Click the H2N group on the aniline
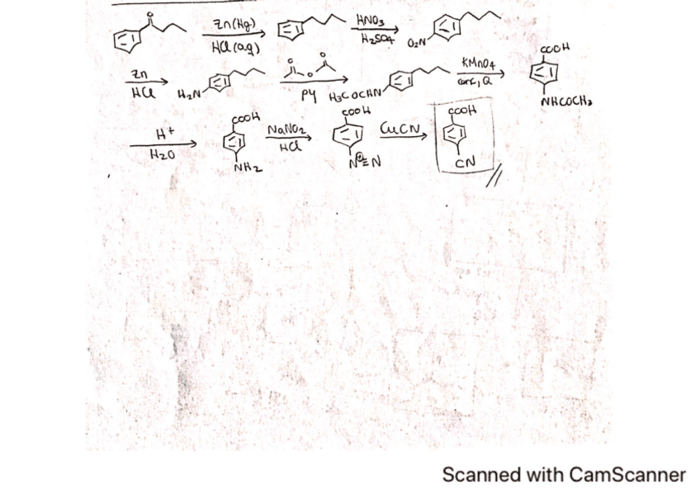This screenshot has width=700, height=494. click(x=188, y=85)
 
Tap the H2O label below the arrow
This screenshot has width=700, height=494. click(x=163, y=154)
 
